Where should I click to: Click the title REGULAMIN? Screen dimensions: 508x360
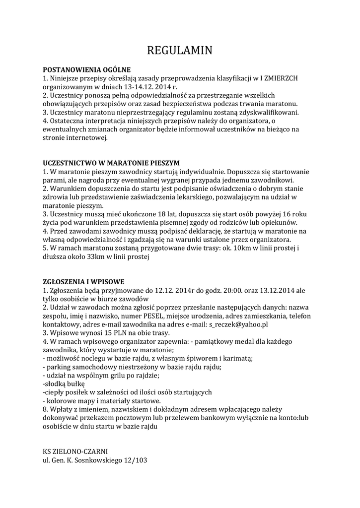(180, 51)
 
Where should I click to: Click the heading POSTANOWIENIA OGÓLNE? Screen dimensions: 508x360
(86, 70)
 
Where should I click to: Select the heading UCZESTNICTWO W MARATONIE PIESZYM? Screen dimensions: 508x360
(111, 163)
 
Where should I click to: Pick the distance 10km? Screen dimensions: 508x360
(226, 248)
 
